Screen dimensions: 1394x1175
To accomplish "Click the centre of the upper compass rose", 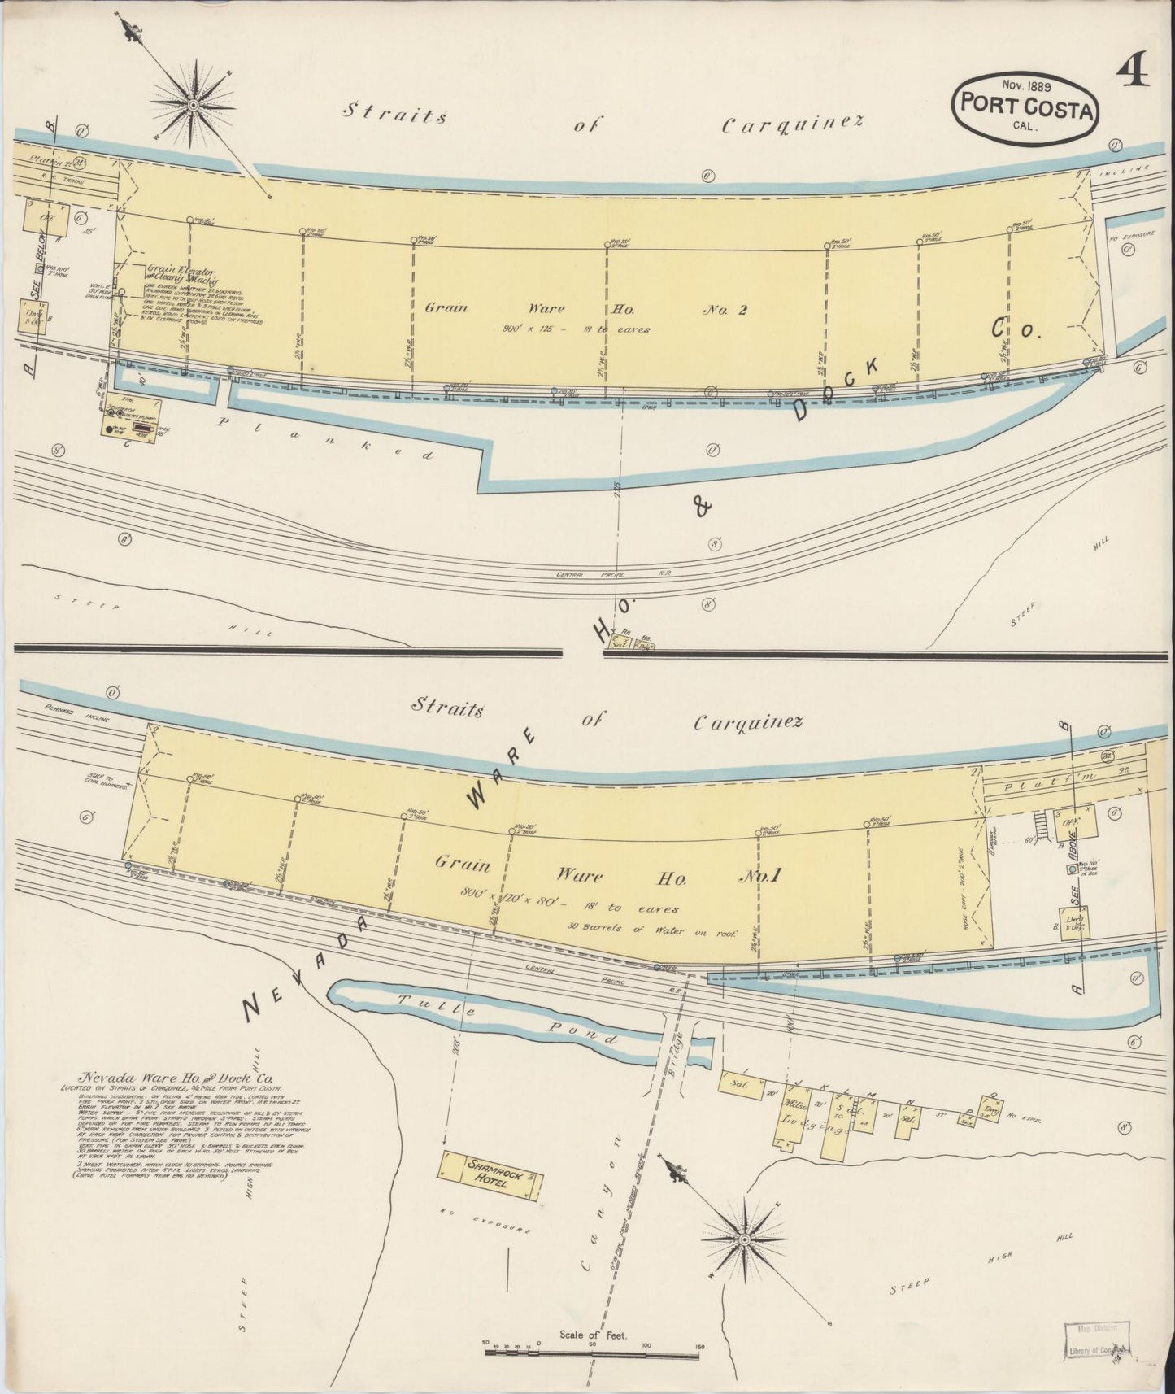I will click(x=194, y=105).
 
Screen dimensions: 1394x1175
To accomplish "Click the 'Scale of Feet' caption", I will click(x=592, y=1335).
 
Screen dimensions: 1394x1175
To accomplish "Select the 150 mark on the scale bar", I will click(x=699, y=1346).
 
